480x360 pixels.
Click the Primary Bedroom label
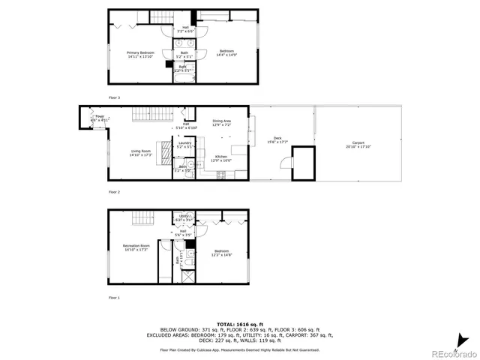141,54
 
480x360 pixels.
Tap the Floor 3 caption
114,97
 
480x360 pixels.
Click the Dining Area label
221,122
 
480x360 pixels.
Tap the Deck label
277,139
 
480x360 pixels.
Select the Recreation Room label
136,247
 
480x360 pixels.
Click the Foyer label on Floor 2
100,118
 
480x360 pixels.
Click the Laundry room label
184,145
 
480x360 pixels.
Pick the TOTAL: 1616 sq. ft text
239,323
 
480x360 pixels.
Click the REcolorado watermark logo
449,348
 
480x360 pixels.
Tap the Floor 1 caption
114,298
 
